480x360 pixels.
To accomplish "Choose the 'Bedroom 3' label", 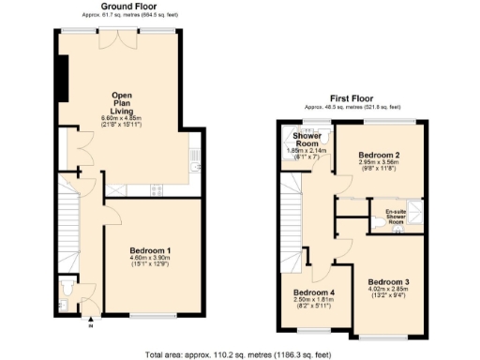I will [x=387, y=282].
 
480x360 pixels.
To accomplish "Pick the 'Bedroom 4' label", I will [x=314, y=292].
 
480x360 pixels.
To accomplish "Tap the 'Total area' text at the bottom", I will [x=239, y=353].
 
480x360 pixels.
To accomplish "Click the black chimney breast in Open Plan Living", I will [x=62, y=76].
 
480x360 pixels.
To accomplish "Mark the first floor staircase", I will [x=291, y=225].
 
